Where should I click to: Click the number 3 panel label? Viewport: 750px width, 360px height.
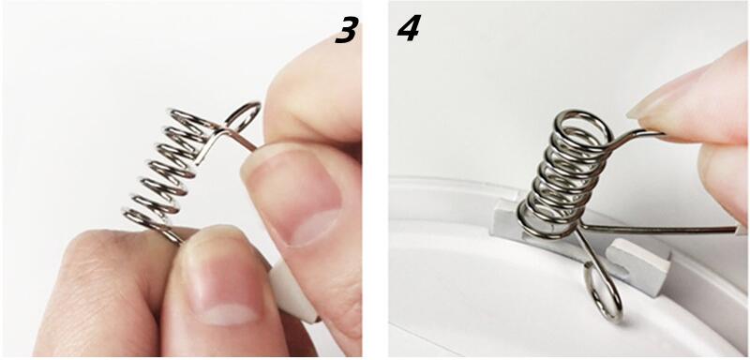346,31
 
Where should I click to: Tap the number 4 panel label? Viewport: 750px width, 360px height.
409,29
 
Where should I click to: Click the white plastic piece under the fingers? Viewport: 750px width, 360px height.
292,292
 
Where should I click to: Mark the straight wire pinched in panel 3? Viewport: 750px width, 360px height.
239,140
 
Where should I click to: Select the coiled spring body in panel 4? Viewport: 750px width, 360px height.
564,174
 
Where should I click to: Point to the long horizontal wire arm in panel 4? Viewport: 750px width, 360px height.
660,229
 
